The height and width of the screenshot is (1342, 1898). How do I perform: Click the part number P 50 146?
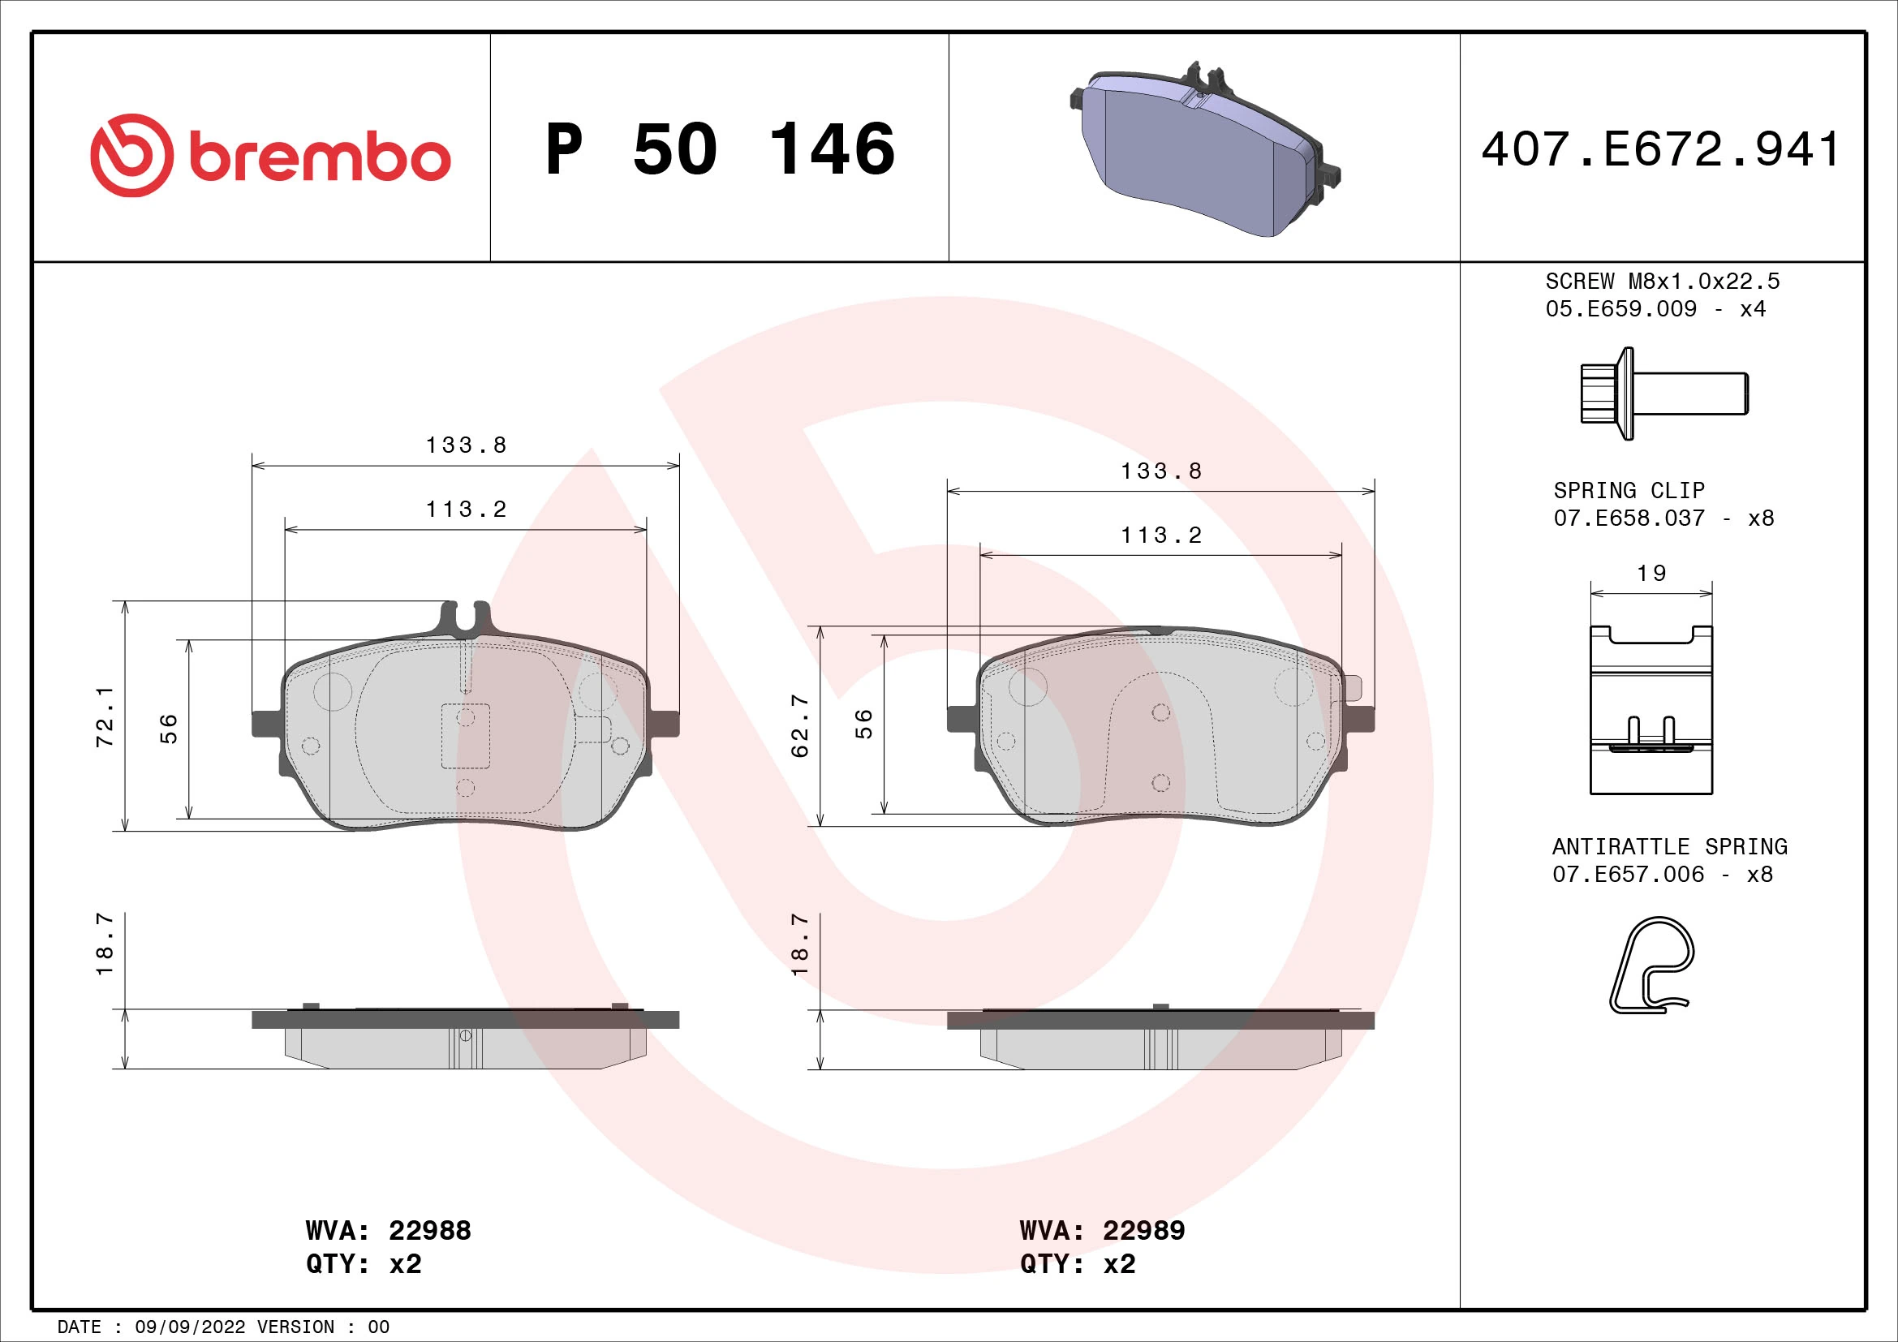(720, 149)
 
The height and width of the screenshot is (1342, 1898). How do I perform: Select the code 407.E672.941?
(1661, 149)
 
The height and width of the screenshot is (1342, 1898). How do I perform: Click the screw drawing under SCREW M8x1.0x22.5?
(1663, 394)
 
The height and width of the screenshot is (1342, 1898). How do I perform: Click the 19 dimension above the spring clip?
(1651, 574)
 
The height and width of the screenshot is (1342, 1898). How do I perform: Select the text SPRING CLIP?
(1629, 491)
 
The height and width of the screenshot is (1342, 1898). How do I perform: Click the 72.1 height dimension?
(105, 716)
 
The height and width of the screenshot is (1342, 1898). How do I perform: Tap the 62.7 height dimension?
(799, 725)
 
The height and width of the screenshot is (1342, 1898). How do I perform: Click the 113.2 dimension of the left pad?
(466, 510)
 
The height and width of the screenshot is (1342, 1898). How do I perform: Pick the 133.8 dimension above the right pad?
(1160, 471)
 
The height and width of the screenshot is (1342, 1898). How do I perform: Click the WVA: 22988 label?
(388, 1231)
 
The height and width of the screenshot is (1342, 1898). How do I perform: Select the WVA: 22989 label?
(1102, 1231)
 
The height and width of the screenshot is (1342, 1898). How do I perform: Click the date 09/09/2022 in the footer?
(190, 1327)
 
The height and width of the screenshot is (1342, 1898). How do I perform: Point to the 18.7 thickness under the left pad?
(105, 944)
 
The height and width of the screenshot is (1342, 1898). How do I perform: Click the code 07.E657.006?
(1628, 875)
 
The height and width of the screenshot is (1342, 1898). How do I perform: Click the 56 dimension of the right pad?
(863, 724)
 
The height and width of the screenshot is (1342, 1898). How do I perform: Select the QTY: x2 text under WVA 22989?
(1077, 1264)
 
